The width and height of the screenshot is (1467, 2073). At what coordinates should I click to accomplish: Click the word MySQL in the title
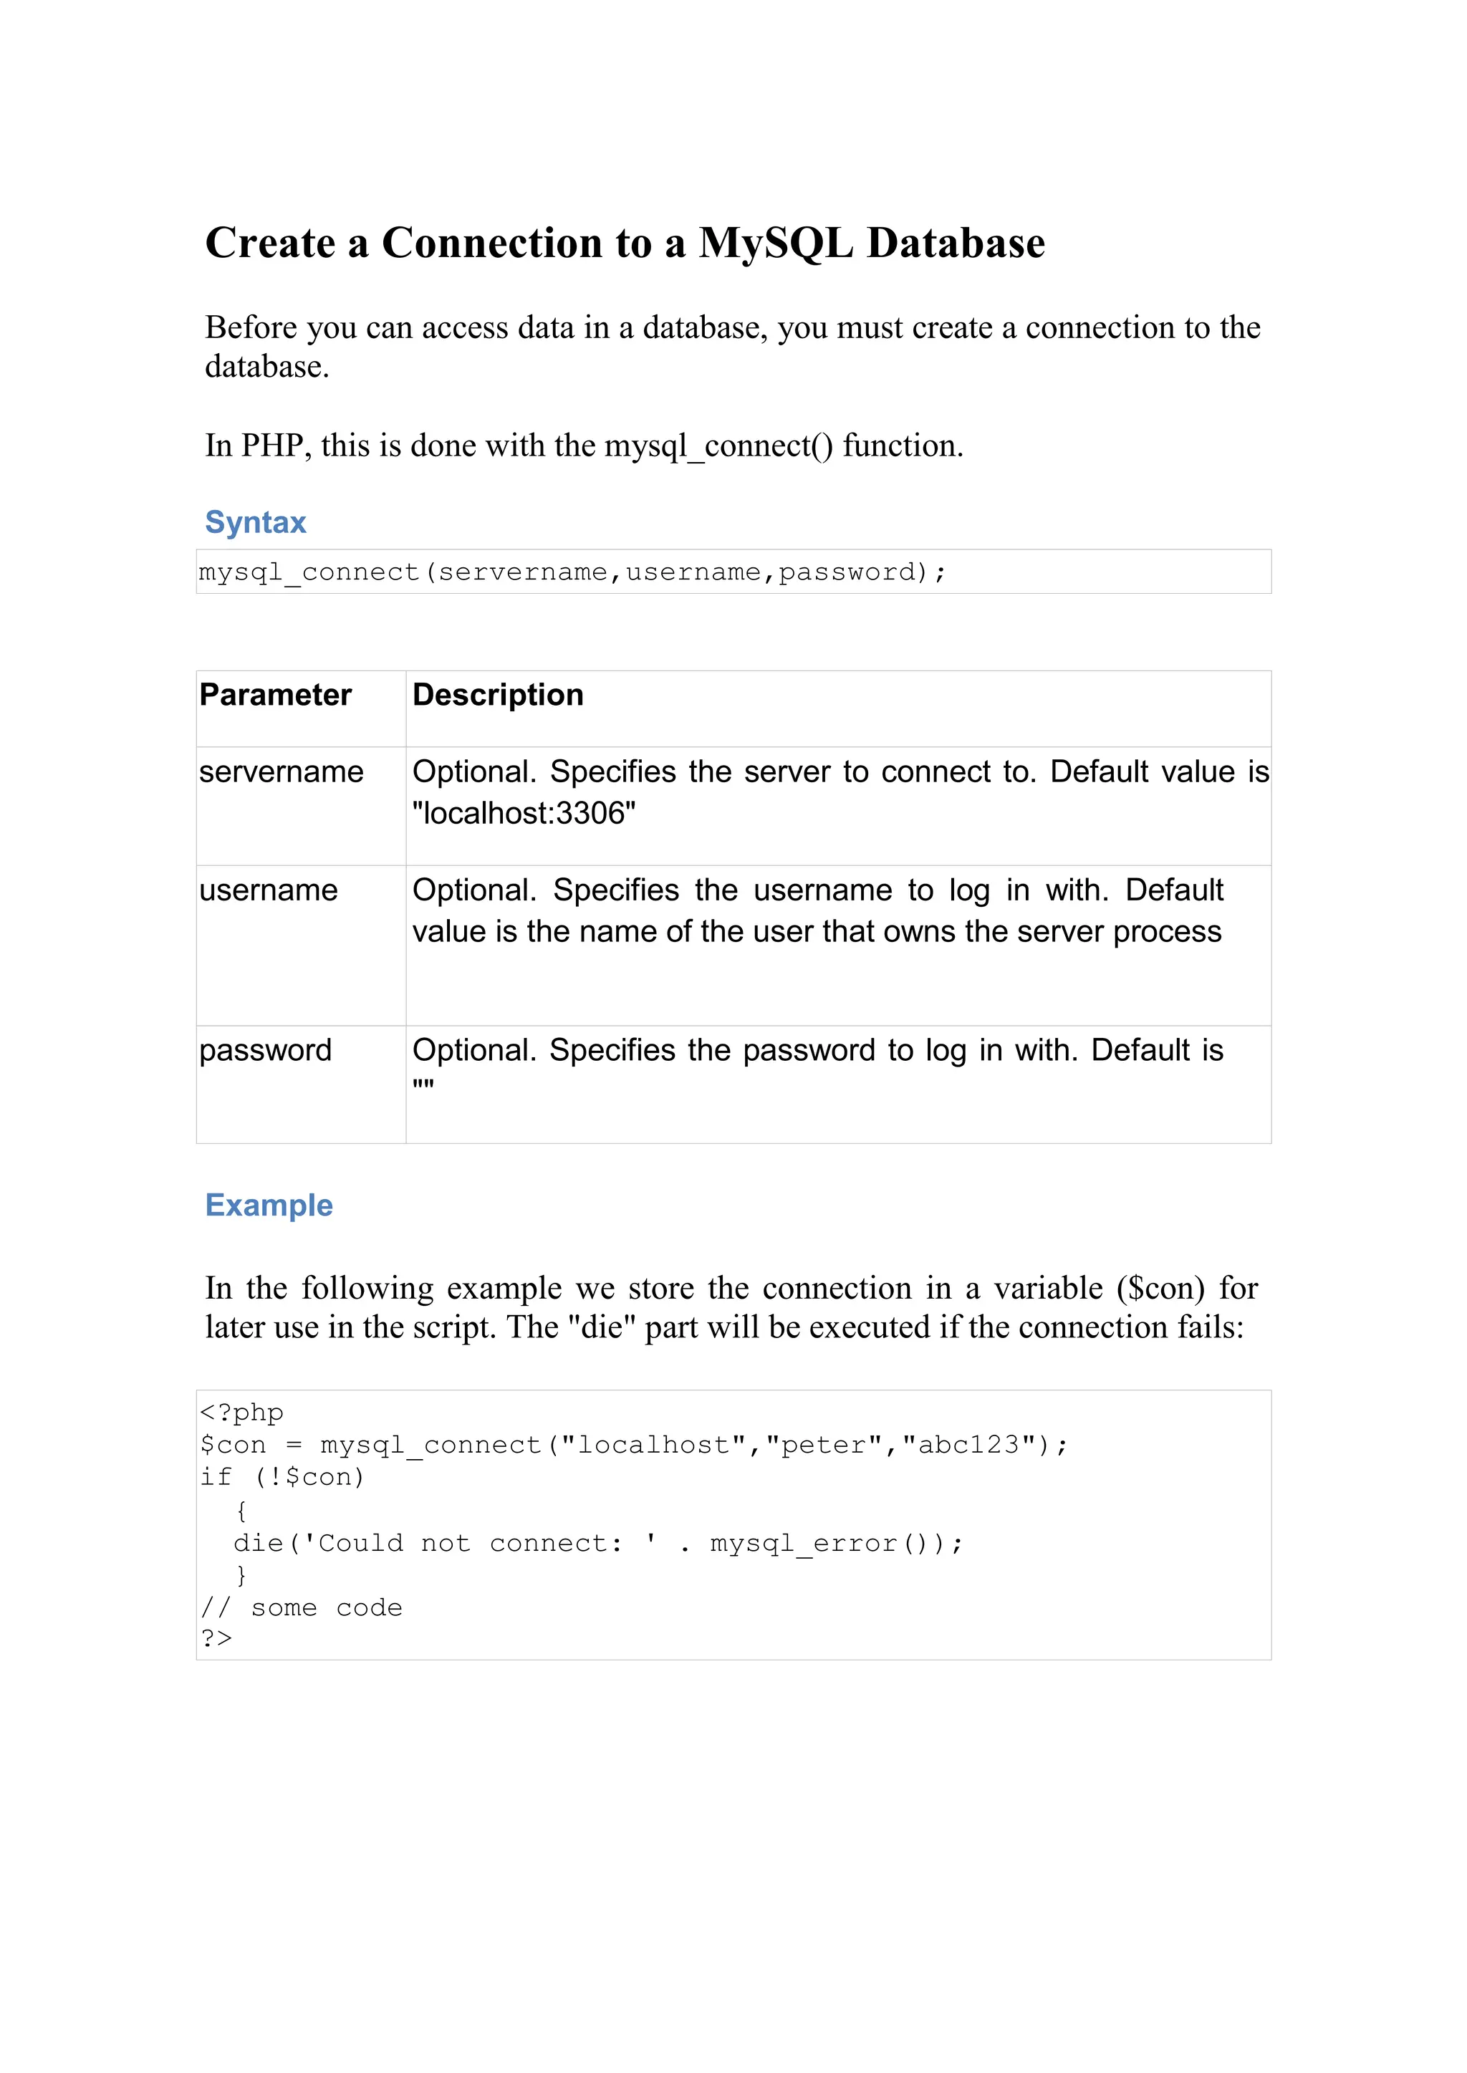(775, 244)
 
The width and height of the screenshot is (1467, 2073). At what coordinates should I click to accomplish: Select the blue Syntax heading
(256, 522)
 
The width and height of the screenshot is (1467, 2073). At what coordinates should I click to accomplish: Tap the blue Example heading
(269, 1205)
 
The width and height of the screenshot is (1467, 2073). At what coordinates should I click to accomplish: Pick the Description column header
(498, 695)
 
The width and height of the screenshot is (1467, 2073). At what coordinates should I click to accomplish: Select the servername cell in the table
(281, 771)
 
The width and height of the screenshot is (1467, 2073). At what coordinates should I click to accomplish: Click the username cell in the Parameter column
(269, 890)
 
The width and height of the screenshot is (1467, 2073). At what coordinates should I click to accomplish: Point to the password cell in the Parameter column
(266, 1049)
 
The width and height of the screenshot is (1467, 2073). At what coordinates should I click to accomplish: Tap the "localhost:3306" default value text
(524, 813)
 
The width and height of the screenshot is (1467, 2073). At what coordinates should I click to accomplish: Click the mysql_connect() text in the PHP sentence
(718, 446)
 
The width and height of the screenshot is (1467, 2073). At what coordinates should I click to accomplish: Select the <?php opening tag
(241, 1412)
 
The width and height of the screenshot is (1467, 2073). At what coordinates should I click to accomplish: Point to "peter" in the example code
(824, 1444)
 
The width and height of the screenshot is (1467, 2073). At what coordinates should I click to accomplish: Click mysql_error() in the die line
(824, 1543)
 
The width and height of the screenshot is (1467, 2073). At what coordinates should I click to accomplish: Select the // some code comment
(301, 1607)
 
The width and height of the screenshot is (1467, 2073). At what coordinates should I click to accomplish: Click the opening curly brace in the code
(240, 1509)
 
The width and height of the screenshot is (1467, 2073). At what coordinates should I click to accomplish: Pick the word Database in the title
(955, 244)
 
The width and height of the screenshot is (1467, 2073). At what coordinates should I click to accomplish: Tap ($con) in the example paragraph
(1160, 1288)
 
